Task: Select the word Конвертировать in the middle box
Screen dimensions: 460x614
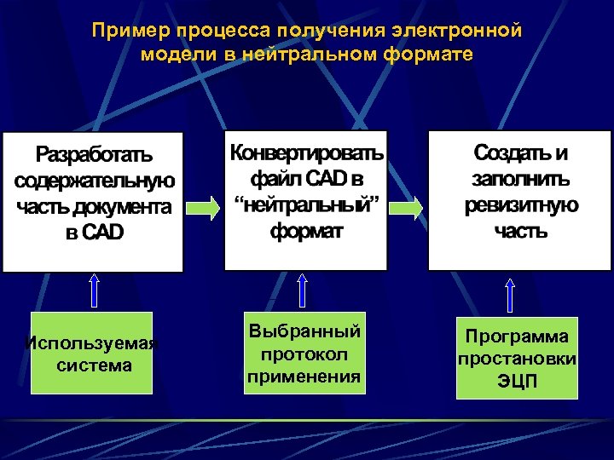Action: (x=306, y=152)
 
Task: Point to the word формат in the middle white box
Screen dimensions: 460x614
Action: (x=306, y=231)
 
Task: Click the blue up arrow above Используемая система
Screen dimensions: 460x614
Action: (x=94, y=290)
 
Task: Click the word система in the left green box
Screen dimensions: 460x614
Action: (x=94, y=365)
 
